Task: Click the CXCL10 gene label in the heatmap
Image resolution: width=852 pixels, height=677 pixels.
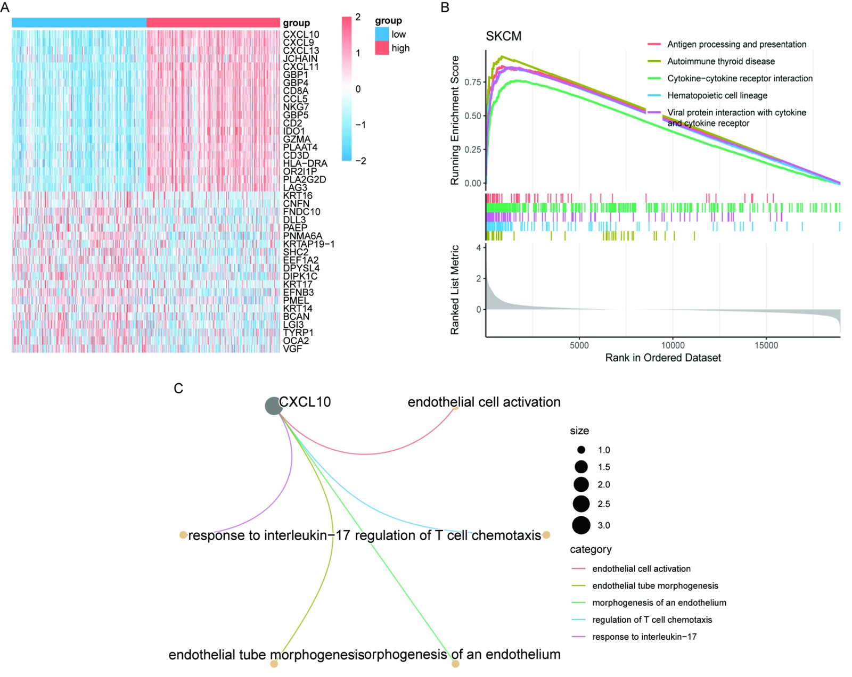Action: tap(301, 35)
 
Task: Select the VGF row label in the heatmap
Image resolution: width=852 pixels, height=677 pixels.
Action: tap(292, 349)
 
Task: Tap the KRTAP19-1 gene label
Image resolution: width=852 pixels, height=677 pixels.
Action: tap(308, 244)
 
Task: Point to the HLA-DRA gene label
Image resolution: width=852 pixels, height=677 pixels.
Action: tap(305, 163)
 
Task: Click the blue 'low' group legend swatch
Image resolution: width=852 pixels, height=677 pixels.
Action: tap(382, 34)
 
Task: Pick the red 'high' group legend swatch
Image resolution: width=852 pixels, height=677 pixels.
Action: tap(382, 48)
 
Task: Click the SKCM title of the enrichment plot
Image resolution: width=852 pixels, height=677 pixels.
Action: tap(503, 36)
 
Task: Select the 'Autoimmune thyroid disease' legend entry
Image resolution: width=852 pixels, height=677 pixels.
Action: tap(720, 61)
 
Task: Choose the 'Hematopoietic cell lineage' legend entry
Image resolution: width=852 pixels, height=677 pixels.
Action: tap(717, 95)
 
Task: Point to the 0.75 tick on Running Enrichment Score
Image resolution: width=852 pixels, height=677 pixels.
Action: tap(473, 82)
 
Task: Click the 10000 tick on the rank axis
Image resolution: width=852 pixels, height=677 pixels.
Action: tap(673, 345)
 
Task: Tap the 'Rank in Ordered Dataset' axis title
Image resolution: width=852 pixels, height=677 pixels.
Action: tap(662, 358)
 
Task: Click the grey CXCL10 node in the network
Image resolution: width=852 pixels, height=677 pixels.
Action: tap(273, 406)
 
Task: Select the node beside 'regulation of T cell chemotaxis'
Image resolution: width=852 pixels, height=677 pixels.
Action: tap(546, 534)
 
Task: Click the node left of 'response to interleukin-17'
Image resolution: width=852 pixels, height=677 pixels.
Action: tap(183, 534)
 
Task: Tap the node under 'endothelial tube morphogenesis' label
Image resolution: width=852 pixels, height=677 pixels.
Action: tap(274, 664)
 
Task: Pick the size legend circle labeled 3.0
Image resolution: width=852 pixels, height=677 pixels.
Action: tap(581, 525)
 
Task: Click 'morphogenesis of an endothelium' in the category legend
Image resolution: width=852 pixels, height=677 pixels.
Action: tap(659, 602)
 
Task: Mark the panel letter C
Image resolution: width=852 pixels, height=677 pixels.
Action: tap(178, 389)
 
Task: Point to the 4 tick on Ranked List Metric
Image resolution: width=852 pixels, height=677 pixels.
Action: tap(479, 247)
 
